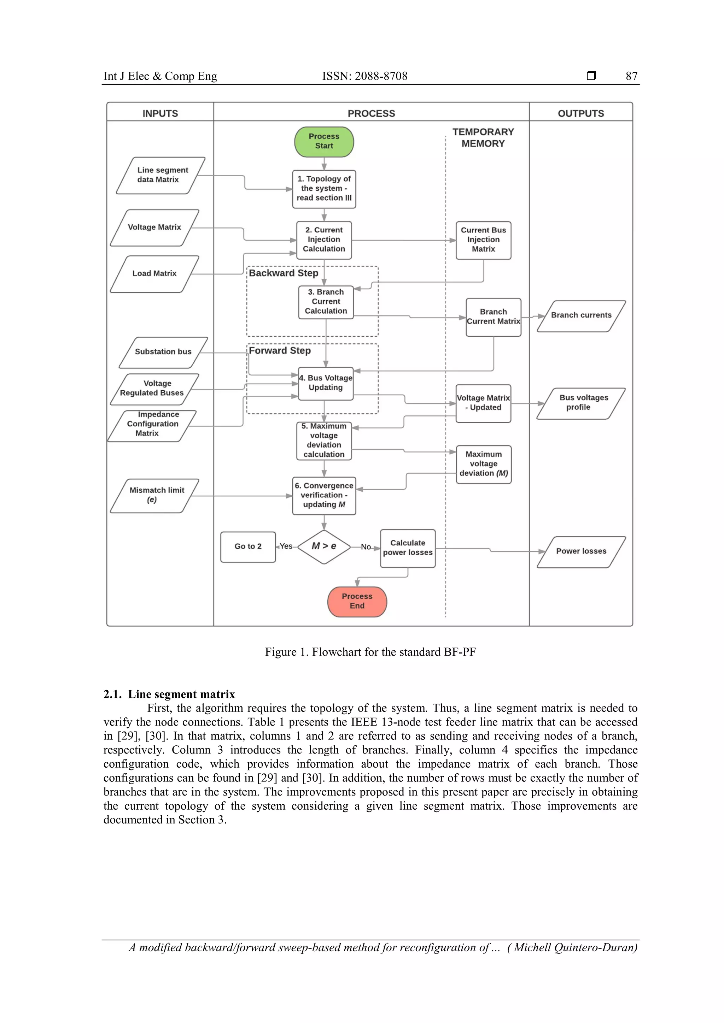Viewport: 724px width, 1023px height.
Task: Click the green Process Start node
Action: (x=324, y=142)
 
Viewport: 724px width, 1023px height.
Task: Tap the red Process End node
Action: (x=357, y=602)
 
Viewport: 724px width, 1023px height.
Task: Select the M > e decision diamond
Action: (x=324, y=547)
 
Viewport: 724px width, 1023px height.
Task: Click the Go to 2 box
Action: (x=248, y=547)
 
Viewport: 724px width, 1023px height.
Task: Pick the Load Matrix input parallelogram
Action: (x=154, y=273)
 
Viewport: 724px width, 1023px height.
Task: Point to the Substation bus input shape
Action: (x=163, y=352)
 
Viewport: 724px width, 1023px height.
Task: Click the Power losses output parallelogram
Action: (x=581, y=552)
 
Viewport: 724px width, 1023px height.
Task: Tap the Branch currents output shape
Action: (x=581, y=315)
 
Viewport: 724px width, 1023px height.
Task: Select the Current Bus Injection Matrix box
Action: (x=483, y=240)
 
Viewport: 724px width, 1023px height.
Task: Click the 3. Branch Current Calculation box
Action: (x=326, y=302)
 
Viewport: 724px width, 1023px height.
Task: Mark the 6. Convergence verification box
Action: (x=324, y=496)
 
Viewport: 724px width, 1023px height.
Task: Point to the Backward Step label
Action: (x=284, y=273)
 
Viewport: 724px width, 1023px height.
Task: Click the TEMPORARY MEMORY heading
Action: (x=483, y=138)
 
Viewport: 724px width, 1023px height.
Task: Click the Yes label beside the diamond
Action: (x=286, y=546)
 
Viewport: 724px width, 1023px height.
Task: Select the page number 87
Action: (x=631, y=76)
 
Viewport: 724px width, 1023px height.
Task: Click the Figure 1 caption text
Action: (x=370, y=652)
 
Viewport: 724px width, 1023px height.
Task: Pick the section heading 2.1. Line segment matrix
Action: (x=169, y=694)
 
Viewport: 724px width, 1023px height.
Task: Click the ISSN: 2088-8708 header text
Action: (x=365, y=76)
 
